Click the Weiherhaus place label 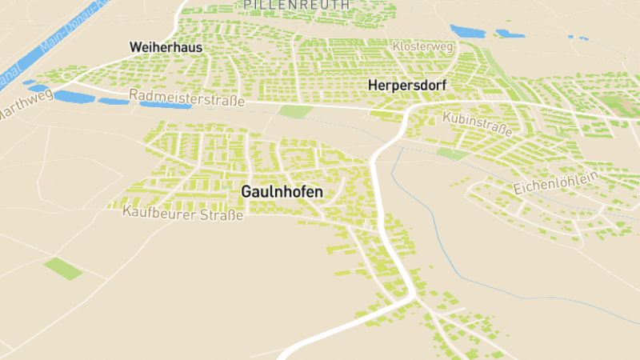pyautogui.click(x=166, y=48)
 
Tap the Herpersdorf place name pyautogui.click(x=406, y=84)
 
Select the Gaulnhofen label pyautogui.click(x=282, y=192)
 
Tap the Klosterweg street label pyautogui.click(x=423, y=47)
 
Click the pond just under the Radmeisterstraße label pyautogui.click(x=165, y=106)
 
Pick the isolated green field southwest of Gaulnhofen pyautogui.click(x=63, y=268)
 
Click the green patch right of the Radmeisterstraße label pyautogui.click(x=295, y=111)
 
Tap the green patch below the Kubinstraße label pyautogui.click(x=452, y=153)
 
